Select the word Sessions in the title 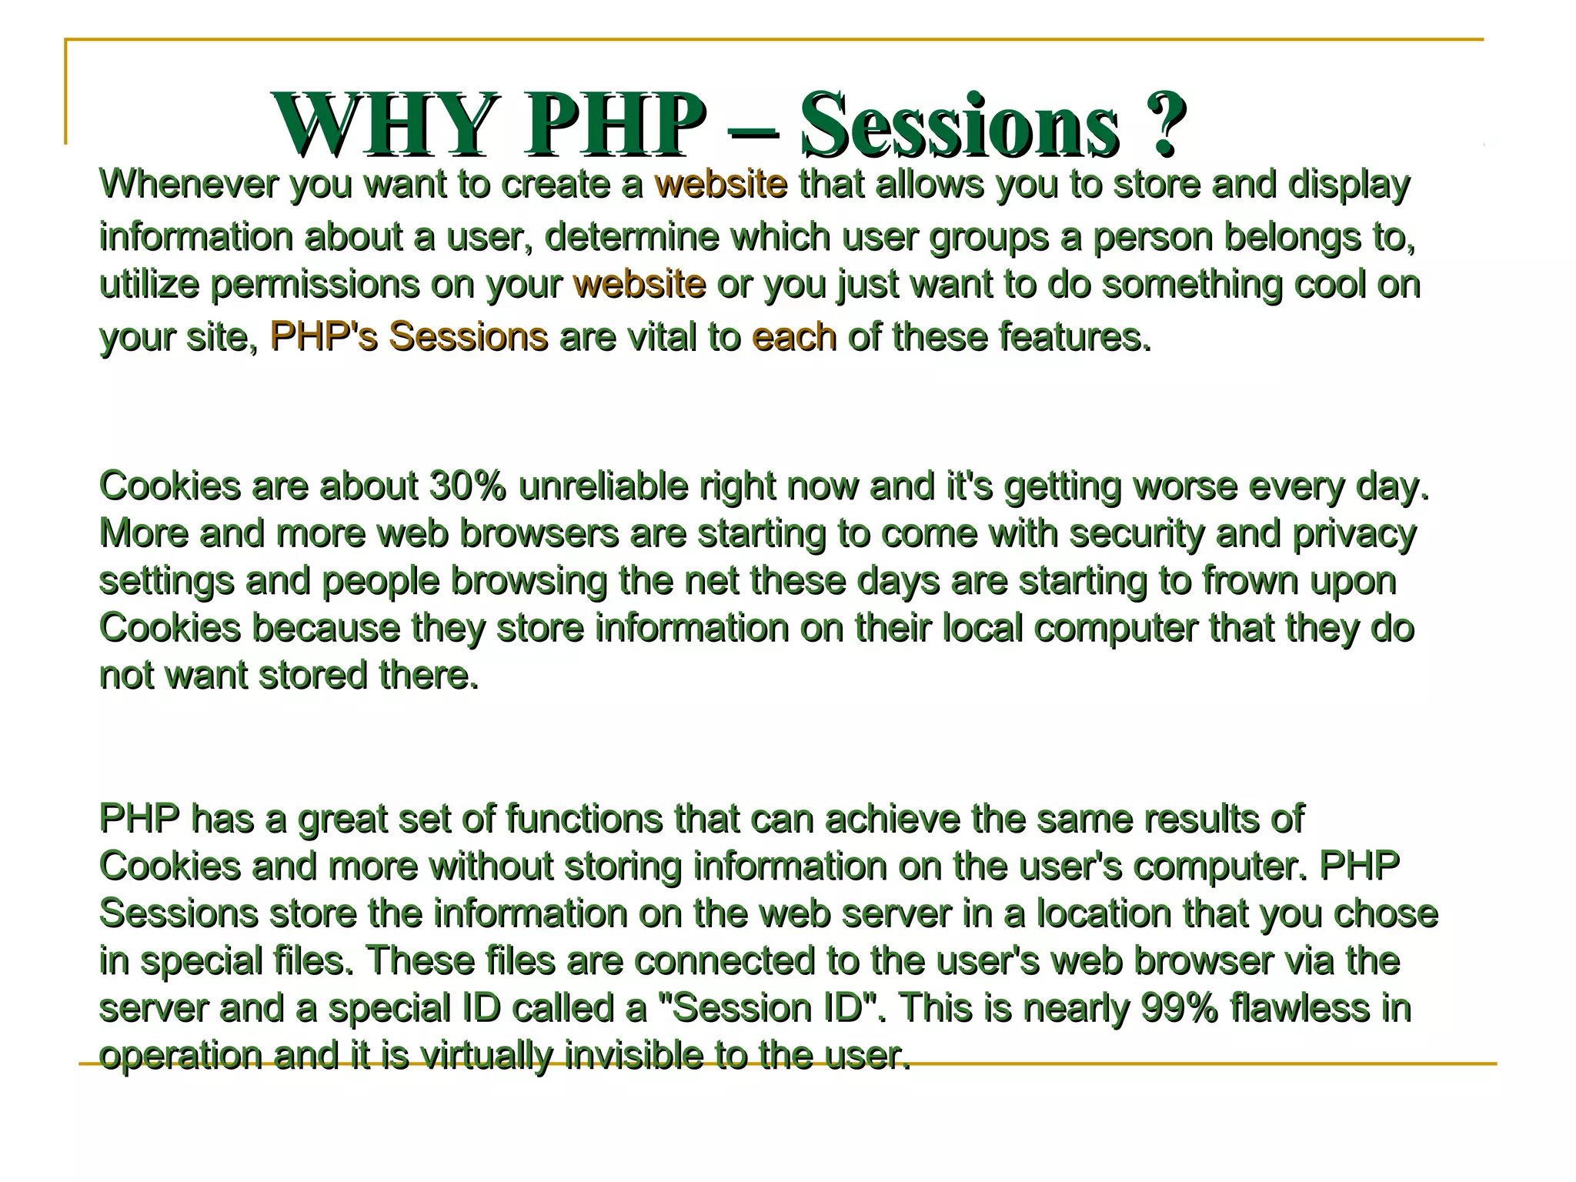960,125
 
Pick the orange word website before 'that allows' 721,185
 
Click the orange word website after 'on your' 639,285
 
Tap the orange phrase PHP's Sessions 409,337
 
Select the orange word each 794,337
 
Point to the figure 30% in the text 467,486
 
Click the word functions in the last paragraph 584,819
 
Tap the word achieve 892,819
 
